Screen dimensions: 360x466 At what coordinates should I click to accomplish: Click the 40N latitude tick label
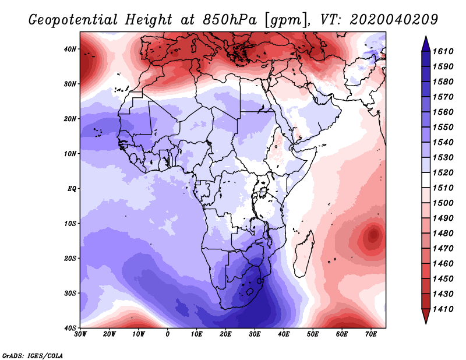tap(70, 49)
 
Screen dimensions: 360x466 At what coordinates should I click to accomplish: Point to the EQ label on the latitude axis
tap(72, 189)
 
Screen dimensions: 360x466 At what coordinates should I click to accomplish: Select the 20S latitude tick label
tap(70, 258)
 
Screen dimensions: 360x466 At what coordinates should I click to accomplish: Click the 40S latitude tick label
tap(70, 327)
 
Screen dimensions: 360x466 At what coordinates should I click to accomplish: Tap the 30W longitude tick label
tap(80, 334)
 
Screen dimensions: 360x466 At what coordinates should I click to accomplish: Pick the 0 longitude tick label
tap(168, 334)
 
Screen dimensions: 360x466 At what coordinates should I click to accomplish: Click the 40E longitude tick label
tap(284, 334)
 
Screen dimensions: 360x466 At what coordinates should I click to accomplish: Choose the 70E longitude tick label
tap(371, 334)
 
